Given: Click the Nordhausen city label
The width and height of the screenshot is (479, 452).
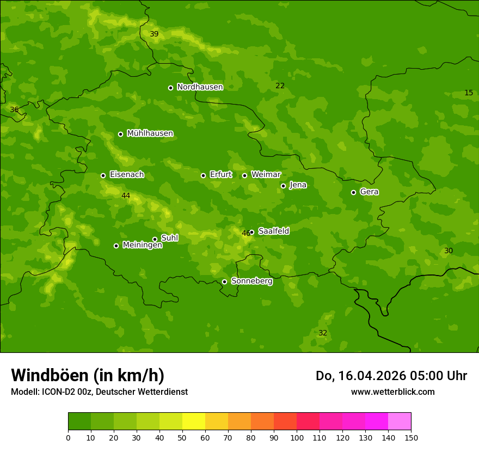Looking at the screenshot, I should coord(200,87).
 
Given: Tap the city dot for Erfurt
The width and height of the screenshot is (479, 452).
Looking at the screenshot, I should coord(203,175).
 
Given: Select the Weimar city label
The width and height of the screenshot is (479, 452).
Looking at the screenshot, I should coord(266,174).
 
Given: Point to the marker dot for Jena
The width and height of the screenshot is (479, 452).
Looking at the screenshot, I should coord(283,186).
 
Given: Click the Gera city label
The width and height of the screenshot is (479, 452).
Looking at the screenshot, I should coord(369,192).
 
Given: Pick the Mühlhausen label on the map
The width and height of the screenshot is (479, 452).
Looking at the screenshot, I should coord(150,133).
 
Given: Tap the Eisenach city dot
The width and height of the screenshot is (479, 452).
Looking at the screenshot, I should coord(103,175).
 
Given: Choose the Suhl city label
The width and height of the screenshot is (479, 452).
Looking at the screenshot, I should coord(169,238).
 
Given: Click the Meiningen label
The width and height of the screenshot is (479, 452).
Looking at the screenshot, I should coord(142,245).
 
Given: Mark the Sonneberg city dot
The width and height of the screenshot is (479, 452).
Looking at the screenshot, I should coord(224,282).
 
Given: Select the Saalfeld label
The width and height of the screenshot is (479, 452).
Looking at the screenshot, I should coord(273,231).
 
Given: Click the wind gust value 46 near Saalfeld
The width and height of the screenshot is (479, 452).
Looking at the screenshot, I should coord(245,233).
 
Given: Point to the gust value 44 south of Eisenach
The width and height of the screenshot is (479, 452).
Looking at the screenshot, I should coord(126,196).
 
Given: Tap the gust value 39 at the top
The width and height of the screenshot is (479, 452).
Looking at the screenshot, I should coord(154,34).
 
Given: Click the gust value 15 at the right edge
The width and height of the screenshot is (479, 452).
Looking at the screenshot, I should coord(469,93).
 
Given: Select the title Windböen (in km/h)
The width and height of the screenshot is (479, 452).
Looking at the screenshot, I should coord(88,375).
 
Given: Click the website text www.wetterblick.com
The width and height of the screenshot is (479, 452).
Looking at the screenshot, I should coord(392,392).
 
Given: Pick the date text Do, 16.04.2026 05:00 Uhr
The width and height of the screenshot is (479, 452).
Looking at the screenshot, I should coord(391,376).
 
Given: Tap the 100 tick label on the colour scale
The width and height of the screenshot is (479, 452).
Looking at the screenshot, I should coord(297,437).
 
